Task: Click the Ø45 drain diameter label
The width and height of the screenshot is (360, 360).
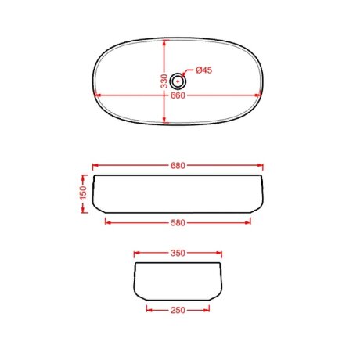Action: coord(203,70)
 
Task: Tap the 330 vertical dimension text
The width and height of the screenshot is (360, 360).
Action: coord(164,81)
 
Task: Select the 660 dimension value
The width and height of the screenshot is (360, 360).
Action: coord(178,95)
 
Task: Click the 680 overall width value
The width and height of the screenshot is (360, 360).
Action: coord(178,166)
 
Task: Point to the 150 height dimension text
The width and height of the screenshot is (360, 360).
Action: coord(84,193)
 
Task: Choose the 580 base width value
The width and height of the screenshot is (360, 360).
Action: coord(178,223)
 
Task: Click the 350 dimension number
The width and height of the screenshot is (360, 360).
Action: coord(178,253)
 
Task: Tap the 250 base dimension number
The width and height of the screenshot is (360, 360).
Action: coord(178,310)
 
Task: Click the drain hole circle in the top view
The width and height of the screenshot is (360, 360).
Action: coord(178,81)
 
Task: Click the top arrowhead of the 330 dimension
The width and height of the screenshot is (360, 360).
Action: coord(164,43)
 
